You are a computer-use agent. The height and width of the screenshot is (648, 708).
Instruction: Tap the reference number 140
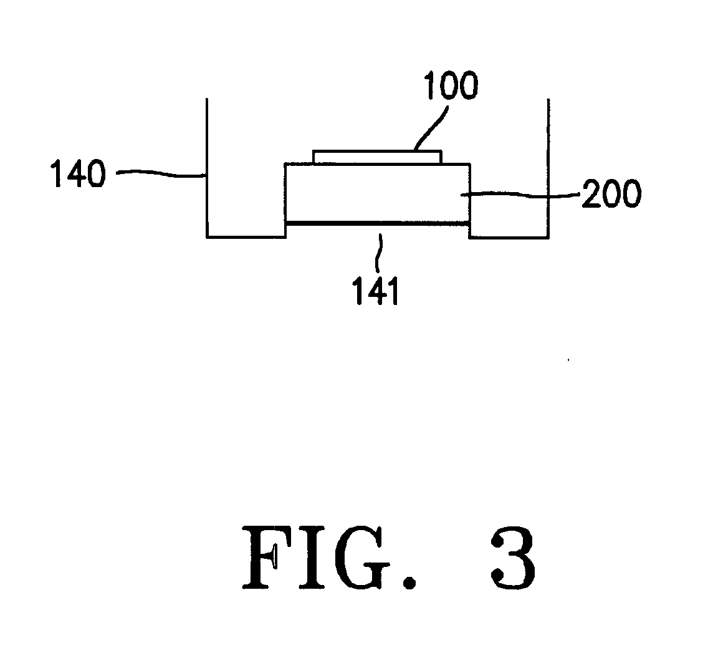[78, 173]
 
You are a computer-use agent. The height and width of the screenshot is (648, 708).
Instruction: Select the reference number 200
[611, 193]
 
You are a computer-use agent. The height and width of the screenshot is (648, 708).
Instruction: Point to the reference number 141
[376, 291]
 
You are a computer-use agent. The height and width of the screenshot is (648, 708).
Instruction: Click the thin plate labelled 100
[378, 157]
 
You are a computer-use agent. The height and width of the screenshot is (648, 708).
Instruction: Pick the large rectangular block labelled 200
[378, 193]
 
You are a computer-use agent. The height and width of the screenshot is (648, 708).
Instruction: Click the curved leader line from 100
[431, 127]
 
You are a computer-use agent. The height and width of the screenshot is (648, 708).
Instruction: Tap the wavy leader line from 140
[161, 173]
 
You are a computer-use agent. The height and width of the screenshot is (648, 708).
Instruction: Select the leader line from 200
[520, 195]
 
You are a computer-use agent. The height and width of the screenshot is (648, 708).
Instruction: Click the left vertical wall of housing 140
[208, 168]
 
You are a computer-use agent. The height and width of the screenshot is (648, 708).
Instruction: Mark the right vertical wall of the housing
[548, 168]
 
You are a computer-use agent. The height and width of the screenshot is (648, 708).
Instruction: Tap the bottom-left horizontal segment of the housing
[246, 236]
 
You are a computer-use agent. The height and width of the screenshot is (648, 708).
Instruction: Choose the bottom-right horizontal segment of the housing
[509, 236]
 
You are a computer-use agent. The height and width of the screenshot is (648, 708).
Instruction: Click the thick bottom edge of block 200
[378, 223]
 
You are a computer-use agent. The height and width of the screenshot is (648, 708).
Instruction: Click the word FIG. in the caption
[330, 557]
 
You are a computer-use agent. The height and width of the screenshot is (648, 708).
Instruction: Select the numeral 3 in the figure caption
[514, 558]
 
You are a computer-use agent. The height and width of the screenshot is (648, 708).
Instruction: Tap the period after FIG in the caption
[409, 582]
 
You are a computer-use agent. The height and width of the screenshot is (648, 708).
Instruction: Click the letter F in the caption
[268, 558]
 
